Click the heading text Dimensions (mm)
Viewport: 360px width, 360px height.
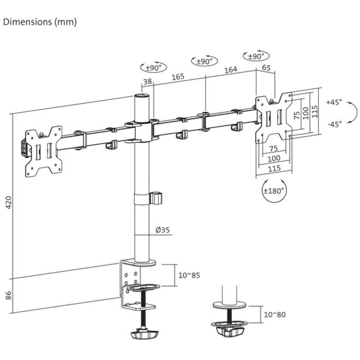[40, 22]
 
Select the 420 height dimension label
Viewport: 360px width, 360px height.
[8, 202]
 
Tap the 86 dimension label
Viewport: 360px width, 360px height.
[8, 295]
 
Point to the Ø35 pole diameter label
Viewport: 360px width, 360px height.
[163, 230]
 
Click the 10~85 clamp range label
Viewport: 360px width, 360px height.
[189, 275]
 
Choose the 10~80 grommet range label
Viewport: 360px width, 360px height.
[274, 315]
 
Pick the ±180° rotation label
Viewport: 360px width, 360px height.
[274, 191]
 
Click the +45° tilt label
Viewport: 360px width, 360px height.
[334, 102]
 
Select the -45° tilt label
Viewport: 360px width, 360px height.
[335, 124]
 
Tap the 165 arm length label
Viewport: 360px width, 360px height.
[178, 77]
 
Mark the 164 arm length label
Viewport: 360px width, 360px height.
[231, 70]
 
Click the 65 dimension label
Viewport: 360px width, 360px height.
[266, 68]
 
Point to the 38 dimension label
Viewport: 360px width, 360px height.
[148, 81]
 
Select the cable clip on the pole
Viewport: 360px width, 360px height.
[156, 198]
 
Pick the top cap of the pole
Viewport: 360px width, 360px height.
[142, 96]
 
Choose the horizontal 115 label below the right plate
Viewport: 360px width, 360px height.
[274, 169]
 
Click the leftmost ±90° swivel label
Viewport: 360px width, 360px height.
[154, 68]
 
